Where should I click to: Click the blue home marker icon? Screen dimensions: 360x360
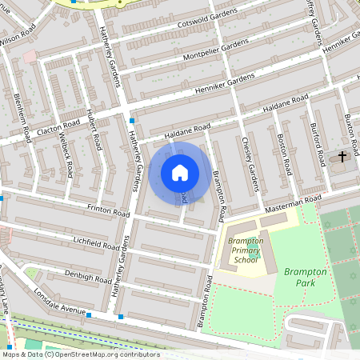(x=180, y=173)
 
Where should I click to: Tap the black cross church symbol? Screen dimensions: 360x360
(x=343, y=156)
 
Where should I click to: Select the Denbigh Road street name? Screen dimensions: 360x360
(x=90, y=278)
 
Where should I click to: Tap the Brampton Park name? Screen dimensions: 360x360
(x=306, y=278)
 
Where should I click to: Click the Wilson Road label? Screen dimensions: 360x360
(x=18, y=34)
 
